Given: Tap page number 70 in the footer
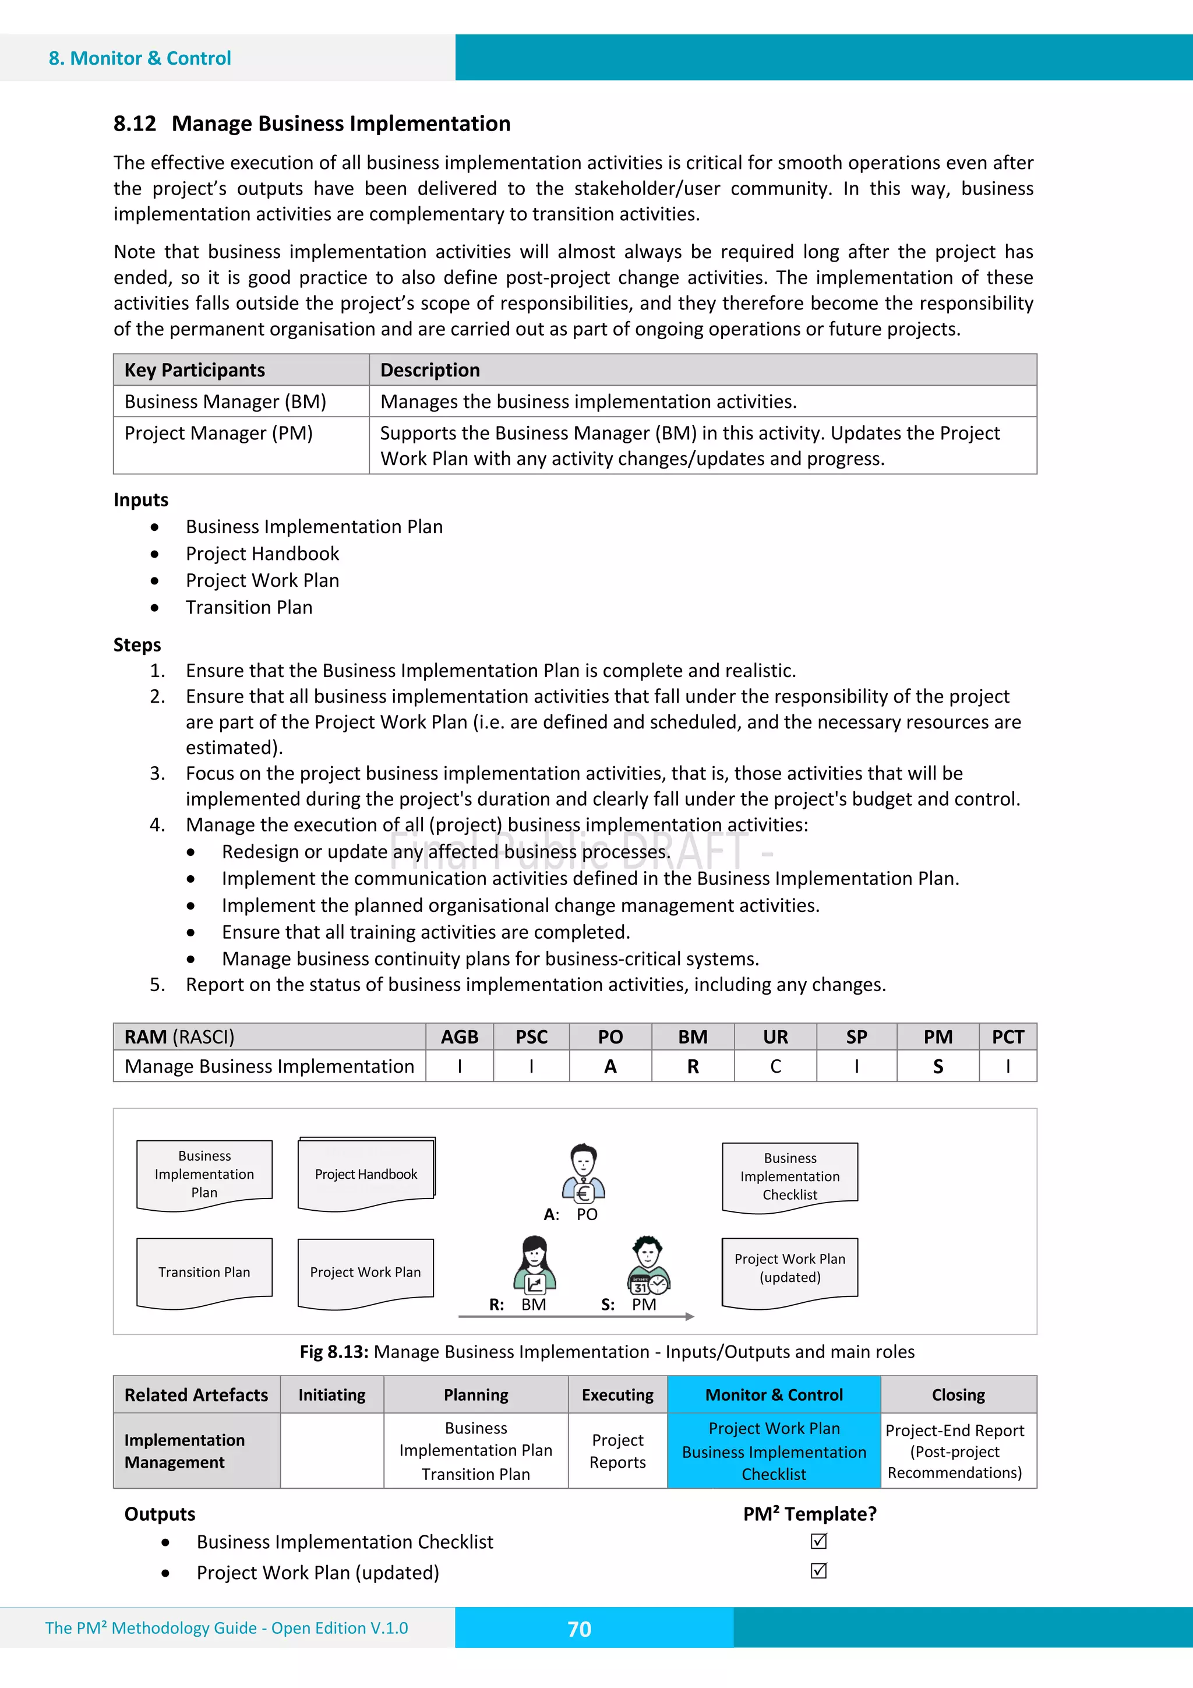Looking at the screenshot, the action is tap(579, 1629).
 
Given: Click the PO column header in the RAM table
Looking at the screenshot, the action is tap(610, 1037).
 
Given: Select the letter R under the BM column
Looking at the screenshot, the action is tap(693, 1067).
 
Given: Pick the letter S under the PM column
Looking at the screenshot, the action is tap(937, 1067).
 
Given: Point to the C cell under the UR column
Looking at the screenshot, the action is tap(775, 1067).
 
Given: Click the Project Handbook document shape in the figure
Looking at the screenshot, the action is tap(366, 1174).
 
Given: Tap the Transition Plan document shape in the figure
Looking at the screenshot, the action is tap(204, 1272).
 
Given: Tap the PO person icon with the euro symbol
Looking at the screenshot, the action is tap(584, 1174).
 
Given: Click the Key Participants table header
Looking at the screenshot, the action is tap(195, 370).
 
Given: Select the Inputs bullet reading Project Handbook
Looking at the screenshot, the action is tap(262, 554).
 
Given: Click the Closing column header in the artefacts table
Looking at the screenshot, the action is tap(958, 1395).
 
